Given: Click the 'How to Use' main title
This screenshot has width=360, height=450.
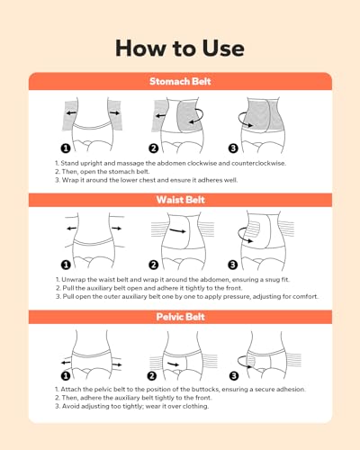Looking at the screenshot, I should [180, 46].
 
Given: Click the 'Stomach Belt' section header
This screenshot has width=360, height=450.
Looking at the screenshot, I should [180, 82].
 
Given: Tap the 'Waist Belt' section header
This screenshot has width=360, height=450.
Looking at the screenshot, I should [180, 201].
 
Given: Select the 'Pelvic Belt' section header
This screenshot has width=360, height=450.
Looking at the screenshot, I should [180, 317].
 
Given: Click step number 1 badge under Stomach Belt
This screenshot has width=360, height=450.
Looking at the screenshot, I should [65, 148].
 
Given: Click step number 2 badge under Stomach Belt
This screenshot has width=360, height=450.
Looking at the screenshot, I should [154, 148].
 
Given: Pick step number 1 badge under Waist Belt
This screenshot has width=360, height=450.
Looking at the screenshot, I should [65, 265].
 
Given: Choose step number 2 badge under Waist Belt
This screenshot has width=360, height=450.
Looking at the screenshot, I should [154, 265].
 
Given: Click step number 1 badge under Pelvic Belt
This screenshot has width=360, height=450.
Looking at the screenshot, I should [65, 375].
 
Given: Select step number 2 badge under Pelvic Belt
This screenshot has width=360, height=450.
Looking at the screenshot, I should [154, 375].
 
